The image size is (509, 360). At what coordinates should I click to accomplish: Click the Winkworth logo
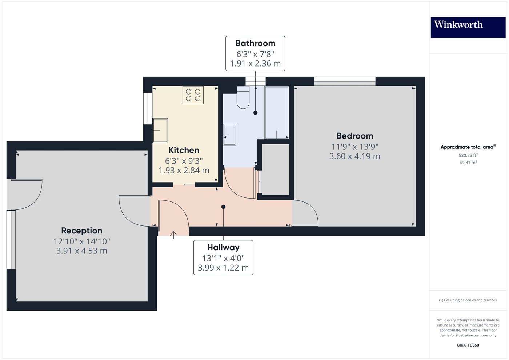(468, 27)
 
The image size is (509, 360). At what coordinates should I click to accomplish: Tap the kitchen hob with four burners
(193, 95)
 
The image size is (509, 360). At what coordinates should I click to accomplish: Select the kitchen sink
(160, 130)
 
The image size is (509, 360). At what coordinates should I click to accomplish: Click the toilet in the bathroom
(243, 97)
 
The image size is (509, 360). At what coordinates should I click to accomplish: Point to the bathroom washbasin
(229, 135)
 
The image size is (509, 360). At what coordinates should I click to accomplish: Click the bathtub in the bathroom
(277, 112)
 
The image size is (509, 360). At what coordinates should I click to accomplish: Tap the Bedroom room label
(354, 136)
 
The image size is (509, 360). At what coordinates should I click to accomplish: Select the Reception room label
(81, 231)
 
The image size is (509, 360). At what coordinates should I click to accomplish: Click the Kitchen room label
(184, 150)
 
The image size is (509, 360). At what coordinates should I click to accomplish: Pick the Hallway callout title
(223, 248)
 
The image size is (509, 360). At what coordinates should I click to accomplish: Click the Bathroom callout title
(255, 43)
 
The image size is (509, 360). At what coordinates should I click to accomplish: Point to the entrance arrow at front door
(174, 235)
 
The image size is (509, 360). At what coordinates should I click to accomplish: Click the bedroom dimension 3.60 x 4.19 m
(354, 156)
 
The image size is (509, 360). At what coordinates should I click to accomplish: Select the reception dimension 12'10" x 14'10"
(81, 241)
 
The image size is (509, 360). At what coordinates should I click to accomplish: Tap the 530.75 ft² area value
(468, 155)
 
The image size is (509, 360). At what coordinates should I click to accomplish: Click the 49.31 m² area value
(468, 163)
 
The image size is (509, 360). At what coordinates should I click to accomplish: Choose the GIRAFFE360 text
(468, 345)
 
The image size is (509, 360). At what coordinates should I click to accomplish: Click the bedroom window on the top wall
(345, 81)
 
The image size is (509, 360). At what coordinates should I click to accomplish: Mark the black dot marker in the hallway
(223, 207)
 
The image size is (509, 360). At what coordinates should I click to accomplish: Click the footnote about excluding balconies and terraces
(468, 300)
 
